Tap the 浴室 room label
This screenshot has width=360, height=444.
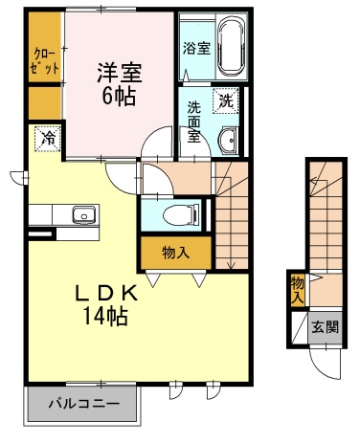pyautogui.click(x=196, y=48)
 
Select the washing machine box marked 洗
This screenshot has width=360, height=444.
pyautogui.click(x=226, y=100)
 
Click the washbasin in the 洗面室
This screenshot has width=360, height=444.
pyautogui.click(x=228, y=141)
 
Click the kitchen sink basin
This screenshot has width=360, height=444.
pyautogui.click(x=84, y=214)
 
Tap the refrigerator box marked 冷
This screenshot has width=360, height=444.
pyautogui.click(x=48, y=139)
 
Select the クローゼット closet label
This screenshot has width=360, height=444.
pyautogui.click(x=46, y=61)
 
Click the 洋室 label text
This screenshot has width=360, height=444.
pyautogui.click(x=120, y=73)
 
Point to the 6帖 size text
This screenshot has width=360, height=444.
pyautogui.click(x=119, y=96)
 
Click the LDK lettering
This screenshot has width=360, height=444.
pyautogui.click(x=106, y=293)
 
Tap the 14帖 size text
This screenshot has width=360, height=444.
pyautogui.click(x=105, y=316)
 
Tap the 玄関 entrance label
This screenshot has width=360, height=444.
pyautogui.click(x=325, y=327)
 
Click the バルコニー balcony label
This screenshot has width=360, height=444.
pyautogui.click(x=84, y=404)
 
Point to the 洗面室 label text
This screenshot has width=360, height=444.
pyautogui.click(x=193, y=122)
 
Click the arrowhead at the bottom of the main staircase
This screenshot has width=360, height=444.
pyautogui.click(x=232, y=265)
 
